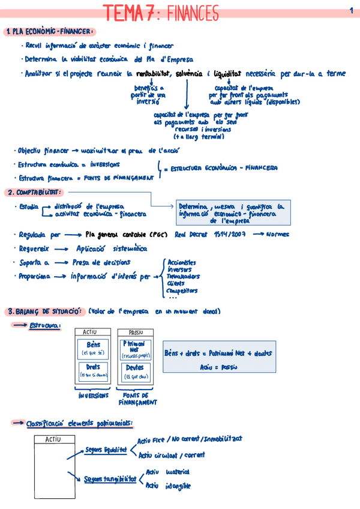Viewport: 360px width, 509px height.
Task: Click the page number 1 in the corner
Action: (350, 10)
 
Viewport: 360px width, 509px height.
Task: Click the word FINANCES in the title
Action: (192, 13)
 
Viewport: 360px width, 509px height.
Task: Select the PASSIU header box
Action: (135, 331)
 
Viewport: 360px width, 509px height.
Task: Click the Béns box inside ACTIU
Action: (93, 348)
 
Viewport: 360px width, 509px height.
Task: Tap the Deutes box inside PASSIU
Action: (135, 372)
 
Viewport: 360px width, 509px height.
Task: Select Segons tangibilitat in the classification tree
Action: (110, 479)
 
